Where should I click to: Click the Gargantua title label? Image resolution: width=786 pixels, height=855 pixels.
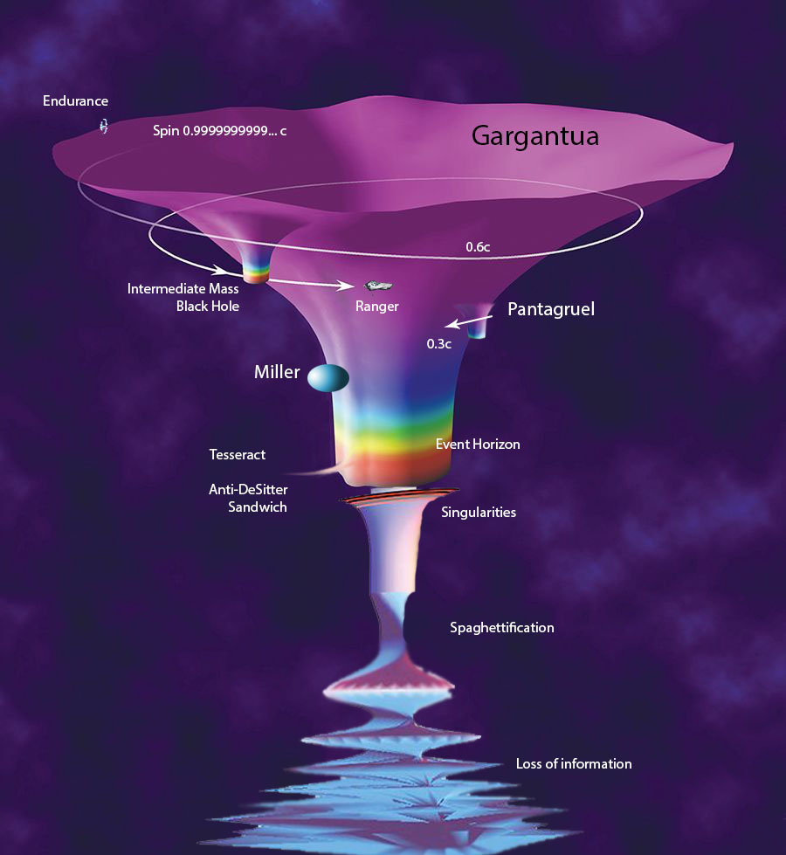pyautogui.click(x=534, y=136)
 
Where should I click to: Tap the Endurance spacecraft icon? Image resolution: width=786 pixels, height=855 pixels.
pyautogui.click(x=104, y=127)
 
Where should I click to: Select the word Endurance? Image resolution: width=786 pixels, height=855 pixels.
pyautogui.click(x=75, y=101)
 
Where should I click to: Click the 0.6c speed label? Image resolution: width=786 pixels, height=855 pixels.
pyautogui.click(x=478, y=247)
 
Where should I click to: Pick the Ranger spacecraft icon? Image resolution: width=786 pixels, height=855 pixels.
pyautogui.click(x=376, y=286)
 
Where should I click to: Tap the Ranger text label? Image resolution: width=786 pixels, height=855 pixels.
pyautogui.click(x=376, y=307)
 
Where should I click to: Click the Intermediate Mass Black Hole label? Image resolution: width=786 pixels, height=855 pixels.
pyautogui.click(x=183, y=297)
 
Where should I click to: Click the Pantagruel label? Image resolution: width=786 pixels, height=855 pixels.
pyautogui.click(x=550, y=309)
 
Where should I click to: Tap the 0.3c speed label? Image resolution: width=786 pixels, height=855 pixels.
pyautogui.click(x=438, y=343)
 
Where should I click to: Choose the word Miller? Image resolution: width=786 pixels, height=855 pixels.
pyautogui.click(x=277, y=373)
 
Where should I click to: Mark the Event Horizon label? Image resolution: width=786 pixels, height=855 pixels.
pyautogui.click(x=478, y=445)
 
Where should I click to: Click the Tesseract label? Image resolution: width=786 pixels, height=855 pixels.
pyautogui.click(x=237, y=454)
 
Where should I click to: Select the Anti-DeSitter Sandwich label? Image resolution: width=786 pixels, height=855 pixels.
pyautogui.click(x=247, y=498)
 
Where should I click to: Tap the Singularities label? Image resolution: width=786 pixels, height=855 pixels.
pyautogui.click(x=479, y=512)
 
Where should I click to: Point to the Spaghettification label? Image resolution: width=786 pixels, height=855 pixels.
pyautogui.click(x=501, y=627)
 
